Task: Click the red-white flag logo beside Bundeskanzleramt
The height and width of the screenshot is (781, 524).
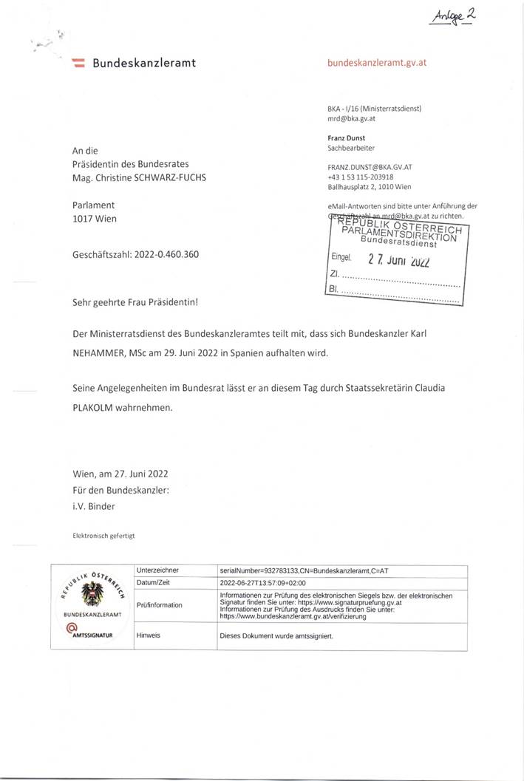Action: pyautogui.click(x=78, y=64)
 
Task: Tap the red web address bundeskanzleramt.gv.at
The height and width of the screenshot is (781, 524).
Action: pyautogui.click(x=376, y=64)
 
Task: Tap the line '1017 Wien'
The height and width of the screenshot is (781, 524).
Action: pyautogui.click(x=94, y=219)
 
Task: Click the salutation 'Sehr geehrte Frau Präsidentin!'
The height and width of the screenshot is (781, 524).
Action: pyautogui.click(x=135, y=302)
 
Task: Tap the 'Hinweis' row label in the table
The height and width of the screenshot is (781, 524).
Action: pyautogui.click(x=149, y=635)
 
